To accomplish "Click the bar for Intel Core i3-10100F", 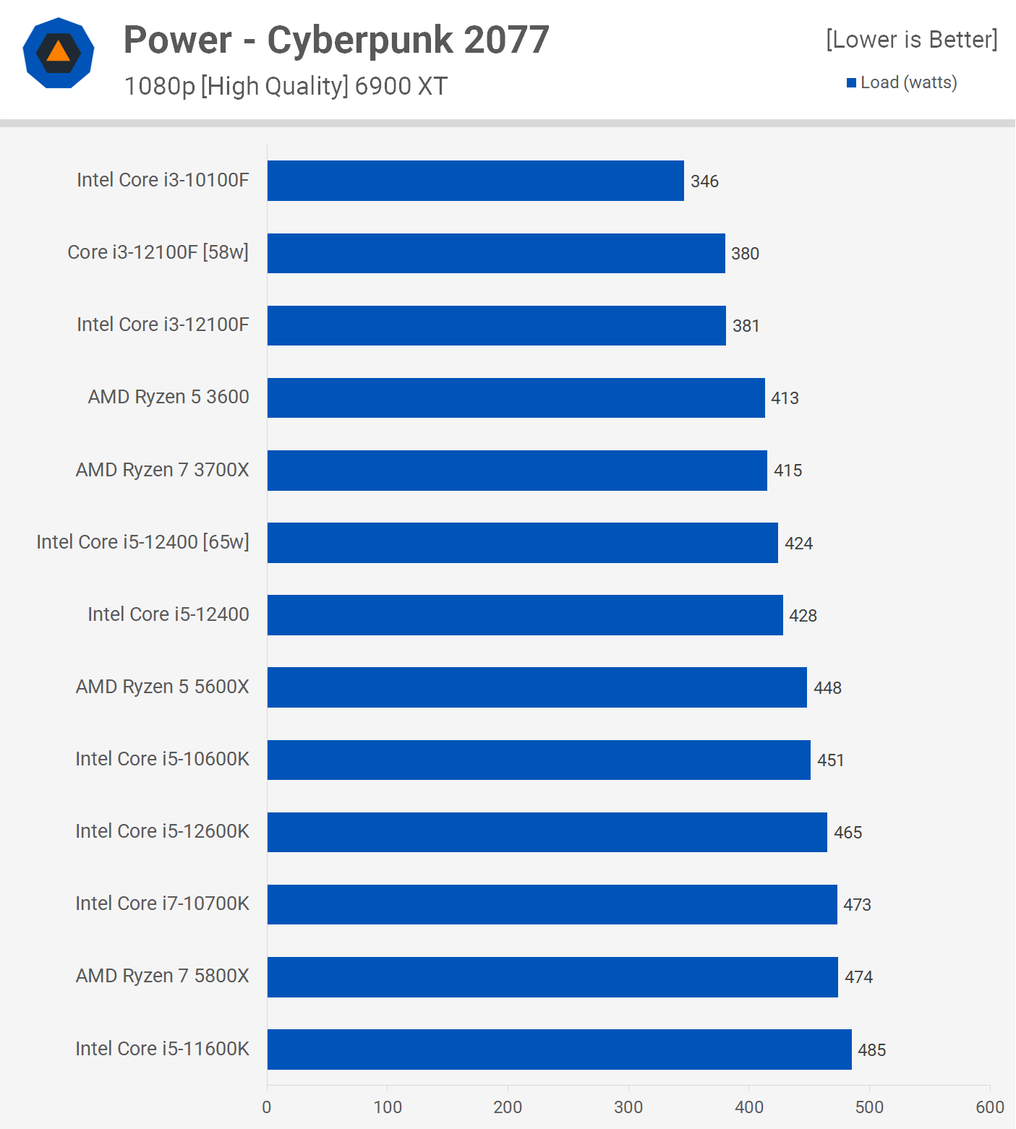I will point(475,181).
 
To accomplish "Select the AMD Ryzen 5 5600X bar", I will point(537,687).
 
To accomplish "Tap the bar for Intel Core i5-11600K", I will point(559,1049).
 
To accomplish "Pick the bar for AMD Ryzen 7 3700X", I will point(517,471).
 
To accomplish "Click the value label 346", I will point(704,181).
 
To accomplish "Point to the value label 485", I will point(871,1050).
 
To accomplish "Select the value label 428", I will point(803,616).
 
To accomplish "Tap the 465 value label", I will point(848,833).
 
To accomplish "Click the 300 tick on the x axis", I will point(628,1107).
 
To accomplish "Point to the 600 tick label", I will point(989,1107).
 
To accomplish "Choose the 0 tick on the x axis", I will point(267,1107).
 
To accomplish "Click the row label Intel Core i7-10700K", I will point(162,903).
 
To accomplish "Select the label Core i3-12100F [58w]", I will point(158,252).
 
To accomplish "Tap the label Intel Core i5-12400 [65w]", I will point(142,542).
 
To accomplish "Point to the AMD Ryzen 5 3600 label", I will point(168,397).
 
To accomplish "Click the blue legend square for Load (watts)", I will point(851,83).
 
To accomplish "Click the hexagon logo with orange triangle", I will point(59,53).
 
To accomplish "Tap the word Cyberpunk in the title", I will point(359,40).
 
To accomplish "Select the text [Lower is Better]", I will point(911,40).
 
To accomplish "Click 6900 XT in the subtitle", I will point(401,86).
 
